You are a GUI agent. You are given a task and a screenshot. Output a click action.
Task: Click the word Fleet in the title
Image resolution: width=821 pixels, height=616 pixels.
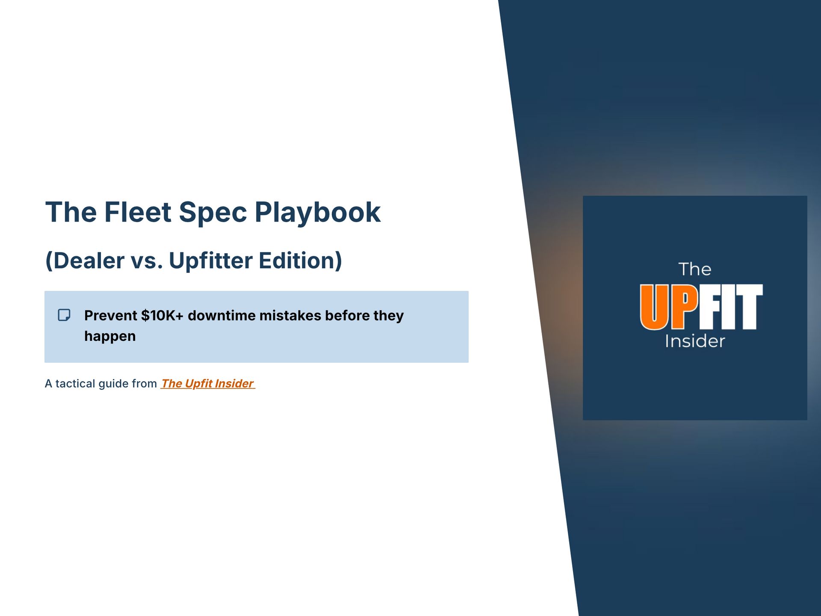tap(138, 212)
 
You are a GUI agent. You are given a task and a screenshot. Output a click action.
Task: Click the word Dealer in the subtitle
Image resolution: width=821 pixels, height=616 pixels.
tap(89, 261)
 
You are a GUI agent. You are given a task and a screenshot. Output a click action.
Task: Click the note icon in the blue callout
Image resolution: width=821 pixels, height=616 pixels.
tap(64, 315)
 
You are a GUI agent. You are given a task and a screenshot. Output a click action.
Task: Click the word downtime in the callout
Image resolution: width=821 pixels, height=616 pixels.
tap(221, 316)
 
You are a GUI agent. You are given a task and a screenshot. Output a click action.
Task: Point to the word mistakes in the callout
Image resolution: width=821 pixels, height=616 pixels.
tap(290, 316)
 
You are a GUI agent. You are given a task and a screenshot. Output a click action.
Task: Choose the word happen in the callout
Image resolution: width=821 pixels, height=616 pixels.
tap(110, 336)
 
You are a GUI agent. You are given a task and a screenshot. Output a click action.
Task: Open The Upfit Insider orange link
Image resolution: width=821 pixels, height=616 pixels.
tap(208, 384)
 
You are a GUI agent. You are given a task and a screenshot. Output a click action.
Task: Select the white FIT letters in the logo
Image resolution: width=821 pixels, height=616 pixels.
tap(731, 307)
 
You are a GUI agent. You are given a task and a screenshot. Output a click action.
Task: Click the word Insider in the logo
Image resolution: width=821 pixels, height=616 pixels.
tap(695, 341)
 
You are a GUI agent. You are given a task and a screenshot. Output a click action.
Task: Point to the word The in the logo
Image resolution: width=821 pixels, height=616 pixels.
tap(695, 269)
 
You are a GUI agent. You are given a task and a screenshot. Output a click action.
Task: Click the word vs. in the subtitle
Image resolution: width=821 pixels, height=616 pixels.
tap(147, 261)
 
